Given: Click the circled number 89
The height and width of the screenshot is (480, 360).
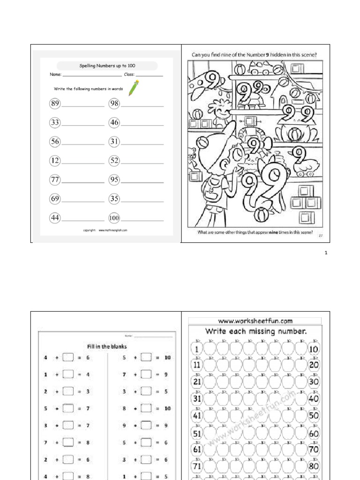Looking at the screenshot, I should click(x=55, y=104).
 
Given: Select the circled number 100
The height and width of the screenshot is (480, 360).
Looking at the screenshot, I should click(x=114, y=218).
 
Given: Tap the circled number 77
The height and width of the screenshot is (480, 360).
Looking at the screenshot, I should click(x=55, y=180).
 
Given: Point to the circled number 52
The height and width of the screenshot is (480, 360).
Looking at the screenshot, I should click(x=114, y=161).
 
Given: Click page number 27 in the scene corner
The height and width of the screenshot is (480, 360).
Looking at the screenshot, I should click(x=321, y=235).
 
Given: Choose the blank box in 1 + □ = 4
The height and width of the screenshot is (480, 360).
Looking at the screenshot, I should click(x=68, y=375).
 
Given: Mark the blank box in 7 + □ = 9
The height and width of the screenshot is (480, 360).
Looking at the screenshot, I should click(x=146, y=375).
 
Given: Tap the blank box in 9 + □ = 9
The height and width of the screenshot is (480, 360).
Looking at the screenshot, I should click(x=146, y=426).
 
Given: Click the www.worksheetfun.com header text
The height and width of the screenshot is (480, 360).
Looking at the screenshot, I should click(x=255, y=321).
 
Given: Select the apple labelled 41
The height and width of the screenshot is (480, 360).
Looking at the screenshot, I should click(x=197, y=415).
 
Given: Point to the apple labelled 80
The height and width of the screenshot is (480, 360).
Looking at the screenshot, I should click(x=314, y=466).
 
